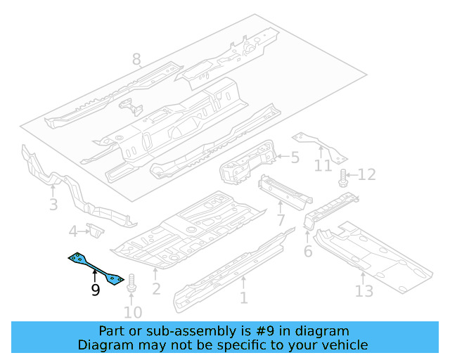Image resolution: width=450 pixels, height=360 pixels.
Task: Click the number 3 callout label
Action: click(53, 205)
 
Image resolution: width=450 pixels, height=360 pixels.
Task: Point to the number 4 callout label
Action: click(73, 231)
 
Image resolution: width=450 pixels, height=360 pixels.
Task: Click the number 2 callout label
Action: click(156, 288)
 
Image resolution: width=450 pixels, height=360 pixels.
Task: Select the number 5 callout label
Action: click(295, 158)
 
